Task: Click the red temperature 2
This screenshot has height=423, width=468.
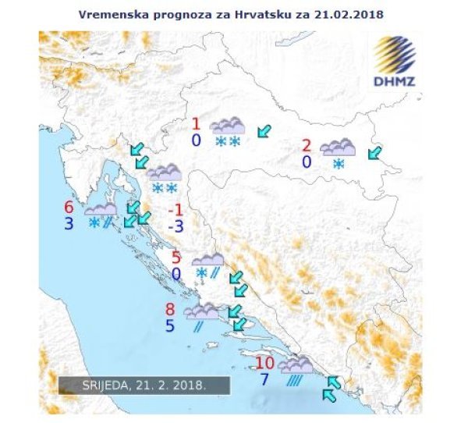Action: point(307,145)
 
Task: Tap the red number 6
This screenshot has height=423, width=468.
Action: point(69,207)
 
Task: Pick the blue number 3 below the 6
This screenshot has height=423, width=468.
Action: point(69,224)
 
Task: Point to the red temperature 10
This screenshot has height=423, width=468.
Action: point(264,363)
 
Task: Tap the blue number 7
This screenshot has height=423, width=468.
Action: point(265,380)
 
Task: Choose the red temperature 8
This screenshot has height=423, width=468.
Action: point(170,309)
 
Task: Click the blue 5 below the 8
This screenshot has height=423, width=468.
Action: point(170,326)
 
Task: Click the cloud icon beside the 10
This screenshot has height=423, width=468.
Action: point(296,364)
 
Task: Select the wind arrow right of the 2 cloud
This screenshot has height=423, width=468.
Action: point(376,153)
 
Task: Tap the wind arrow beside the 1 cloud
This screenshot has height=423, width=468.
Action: point(265,130)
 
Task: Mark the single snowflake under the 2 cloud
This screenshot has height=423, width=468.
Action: point(339,164)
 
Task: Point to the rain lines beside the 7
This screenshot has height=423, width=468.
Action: point(295,381)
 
